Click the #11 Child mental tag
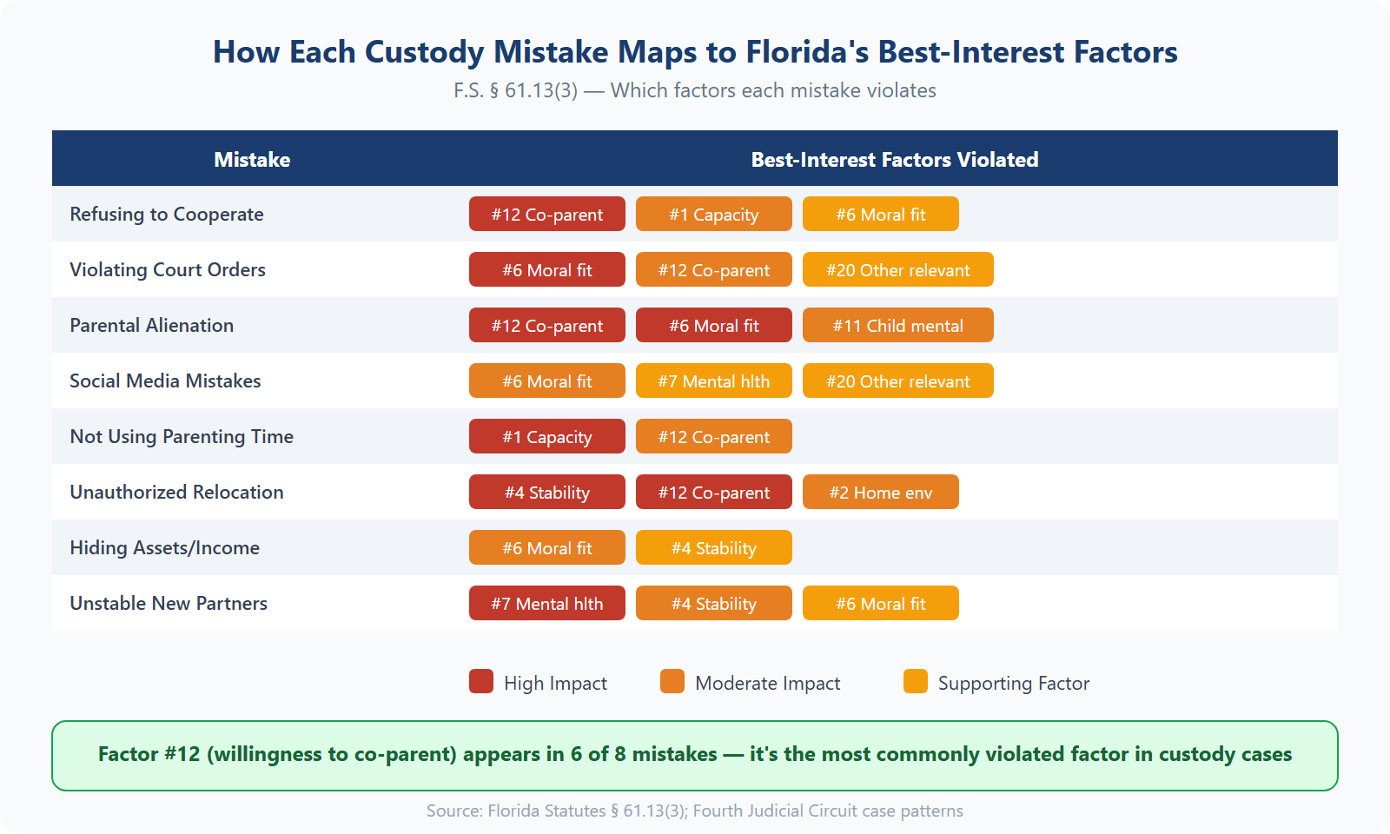(x=897, y=326)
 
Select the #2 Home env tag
(x=880, y=493)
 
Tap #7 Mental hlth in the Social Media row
(x=713, y=381)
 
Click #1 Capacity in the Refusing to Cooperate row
(x=713, y=215)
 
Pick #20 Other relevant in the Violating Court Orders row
(x=897, y=270)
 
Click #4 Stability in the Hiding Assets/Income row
(x=713, y=548)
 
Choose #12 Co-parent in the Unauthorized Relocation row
(x=713, y=493)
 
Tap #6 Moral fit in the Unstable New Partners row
(x=880, y=604)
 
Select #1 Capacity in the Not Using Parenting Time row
(x=546, y=437)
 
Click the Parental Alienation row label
(x=152, y=326)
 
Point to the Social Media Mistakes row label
(x=165, y=381)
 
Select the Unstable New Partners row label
(x=169, y=604)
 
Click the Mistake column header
(x=252, y=160)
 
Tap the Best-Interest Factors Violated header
(x=894, y=160)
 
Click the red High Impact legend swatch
(x=481, y=682)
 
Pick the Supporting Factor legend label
(x=1013, y=684)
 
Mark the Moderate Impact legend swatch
(x=672, y=682)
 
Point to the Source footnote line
(x=694, y=811)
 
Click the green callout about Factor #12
(x=694, y=755)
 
